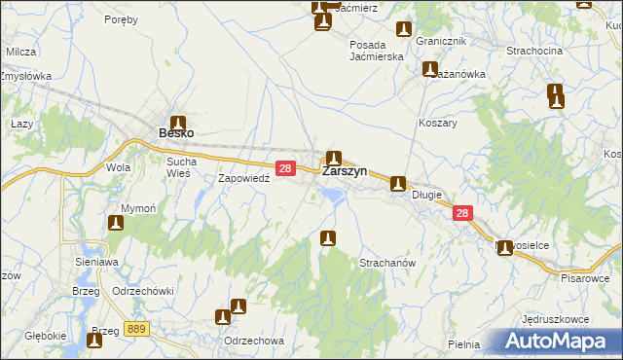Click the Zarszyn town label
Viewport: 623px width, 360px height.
pyautogui.click(x=344, y=170)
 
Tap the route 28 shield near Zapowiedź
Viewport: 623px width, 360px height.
pyautogui.click(x=285, y=168)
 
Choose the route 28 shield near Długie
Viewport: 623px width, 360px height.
pyautogui.click(x=462, y=213)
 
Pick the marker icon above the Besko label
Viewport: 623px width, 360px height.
pyautogui.click(x=178, y=114)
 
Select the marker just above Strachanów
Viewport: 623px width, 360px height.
pyautogui.click(x=329, y=237)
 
